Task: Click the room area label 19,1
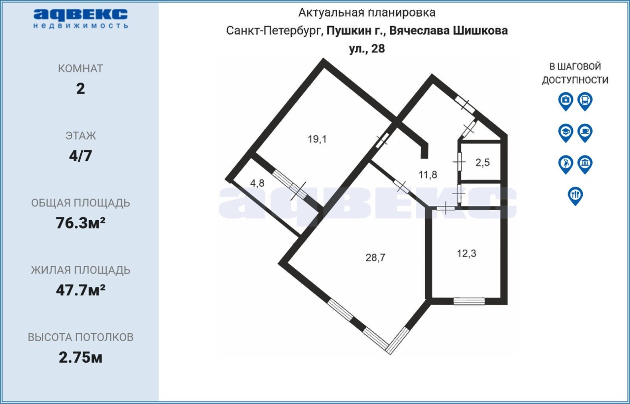(x=317, y=139)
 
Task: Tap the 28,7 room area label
(x=375, y=258)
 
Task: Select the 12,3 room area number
(x=466, y=254)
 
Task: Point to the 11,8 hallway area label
(x=428, y=175)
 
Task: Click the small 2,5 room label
(x=483, y=162)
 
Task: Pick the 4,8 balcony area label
(x=257, y=183)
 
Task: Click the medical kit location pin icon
(x=566, y=101)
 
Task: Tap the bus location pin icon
(x=585, y=101)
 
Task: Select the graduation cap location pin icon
(x=566, y=133)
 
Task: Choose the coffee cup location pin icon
(x=585, y=133)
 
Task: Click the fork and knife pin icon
(x=575, y=196)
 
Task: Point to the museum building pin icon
(x=585, y=165)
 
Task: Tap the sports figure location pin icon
(x=566, y=165)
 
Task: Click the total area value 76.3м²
(x=80, y=223)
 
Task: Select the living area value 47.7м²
(x=80, y=290)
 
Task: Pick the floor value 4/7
(x=80, y=156)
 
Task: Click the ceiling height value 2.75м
(x=80, y=357)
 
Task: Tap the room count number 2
(x=80, y=89)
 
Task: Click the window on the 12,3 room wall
(x=469, y=301)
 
